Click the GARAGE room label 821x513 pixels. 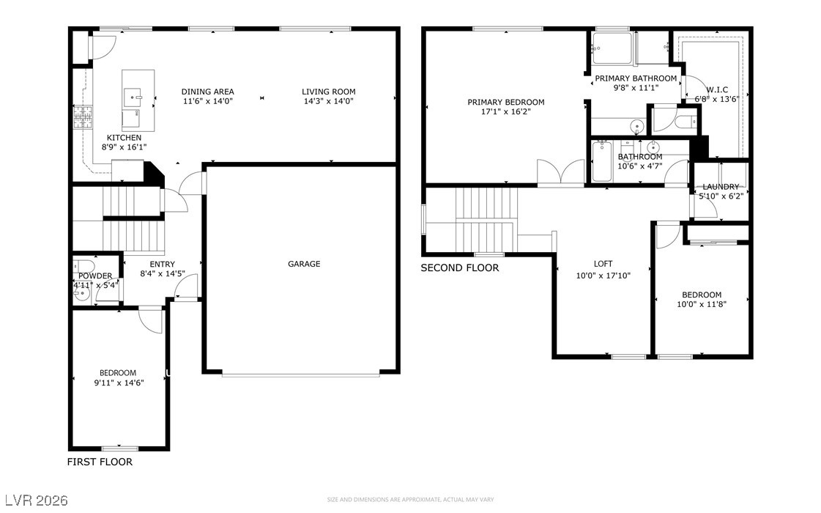[304, 264]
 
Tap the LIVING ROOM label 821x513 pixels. [328, 92]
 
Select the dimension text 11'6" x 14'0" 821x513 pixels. [208, 101]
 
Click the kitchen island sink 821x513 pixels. [133, 97]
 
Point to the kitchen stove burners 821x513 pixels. [82, 117]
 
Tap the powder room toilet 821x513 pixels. [83, 266]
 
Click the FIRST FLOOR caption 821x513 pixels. [100, 462]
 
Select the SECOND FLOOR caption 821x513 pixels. [460, 267]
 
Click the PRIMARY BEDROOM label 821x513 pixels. [506, 102]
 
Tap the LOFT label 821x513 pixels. [603, 264]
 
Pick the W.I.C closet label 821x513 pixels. [717, 89]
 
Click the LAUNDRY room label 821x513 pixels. [721, 187]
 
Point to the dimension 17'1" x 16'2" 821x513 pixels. [506, 111]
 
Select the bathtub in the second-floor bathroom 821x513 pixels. [602, 161]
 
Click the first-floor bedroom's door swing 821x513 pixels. [151, 320]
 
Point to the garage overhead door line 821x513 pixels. [300, 374]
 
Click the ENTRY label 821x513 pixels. [163, 264]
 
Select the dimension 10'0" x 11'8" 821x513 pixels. [702, 304]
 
